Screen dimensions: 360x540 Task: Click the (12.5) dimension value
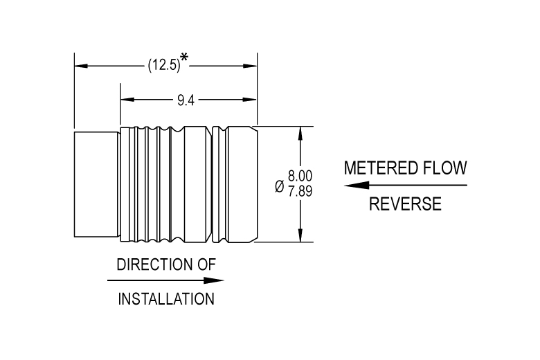[x=163, y=66]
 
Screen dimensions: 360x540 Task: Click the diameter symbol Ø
[x=278, y=186]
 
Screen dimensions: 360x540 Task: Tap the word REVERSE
[x=405, y=204]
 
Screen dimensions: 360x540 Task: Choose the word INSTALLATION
[x=166, y=300]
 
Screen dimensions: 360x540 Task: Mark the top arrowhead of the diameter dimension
[x=300, y=132]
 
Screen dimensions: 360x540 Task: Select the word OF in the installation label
[x=206, y=264]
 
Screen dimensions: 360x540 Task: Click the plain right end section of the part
[x=242, y=184]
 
